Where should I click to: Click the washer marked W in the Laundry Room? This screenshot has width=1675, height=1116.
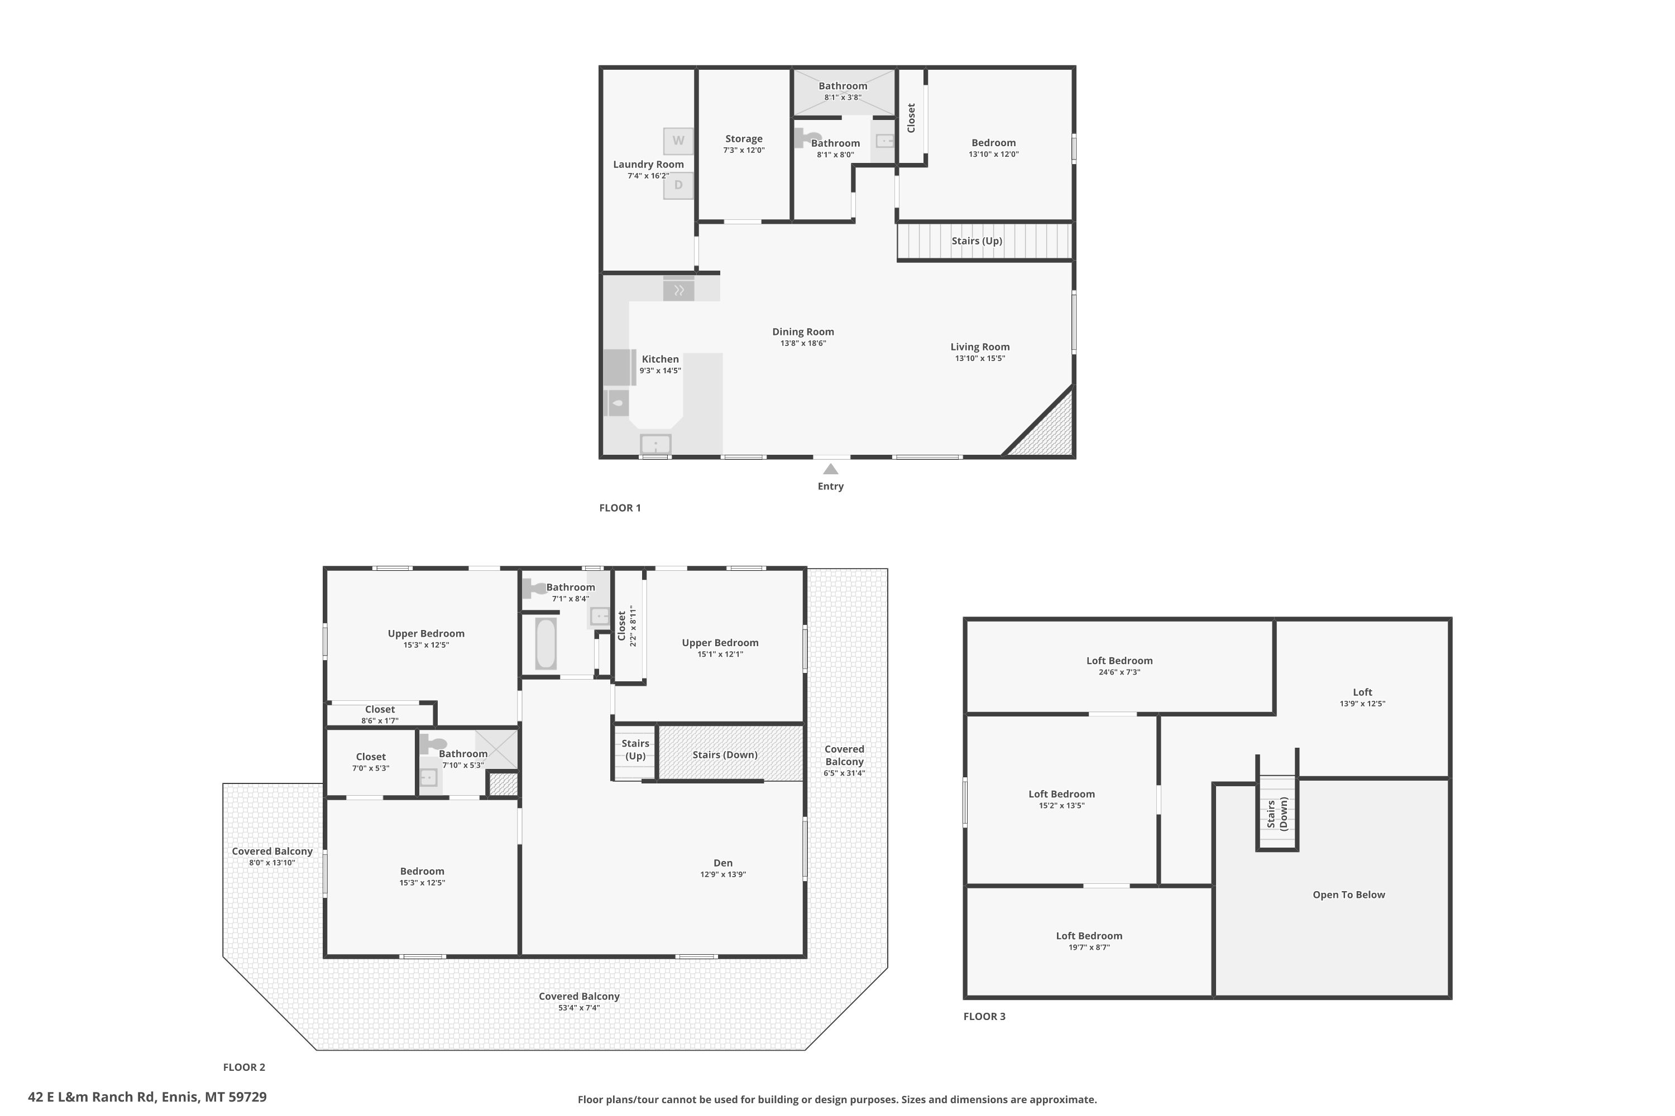[678, 141]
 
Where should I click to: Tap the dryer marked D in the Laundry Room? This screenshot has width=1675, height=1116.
[678, 186]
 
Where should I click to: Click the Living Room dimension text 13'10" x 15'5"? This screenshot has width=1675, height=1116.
[980, 358]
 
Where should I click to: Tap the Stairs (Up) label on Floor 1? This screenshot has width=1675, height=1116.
[977, 240]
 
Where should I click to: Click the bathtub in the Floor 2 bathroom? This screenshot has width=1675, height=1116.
[545, 643]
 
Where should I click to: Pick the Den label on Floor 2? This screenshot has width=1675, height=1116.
[723, 863]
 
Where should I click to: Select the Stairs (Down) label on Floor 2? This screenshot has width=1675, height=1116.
[725, 754]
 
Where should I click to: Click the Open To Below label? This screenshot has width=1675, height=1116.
[1349, 894]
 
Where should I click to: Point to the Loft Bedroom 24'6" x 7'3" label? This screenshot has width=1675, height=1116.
[1119, 666]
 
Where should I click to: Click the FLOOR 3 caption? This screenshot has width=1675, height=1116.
[984, 1016]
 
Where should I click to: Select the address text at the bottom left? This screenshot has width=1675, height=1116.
[147, 1097]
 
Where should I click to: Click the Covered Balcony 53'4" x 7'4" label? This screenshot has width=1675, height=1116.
[579, 1002]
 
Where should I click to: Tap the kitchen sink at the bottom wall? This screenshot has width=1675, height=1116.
[655, 444]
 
